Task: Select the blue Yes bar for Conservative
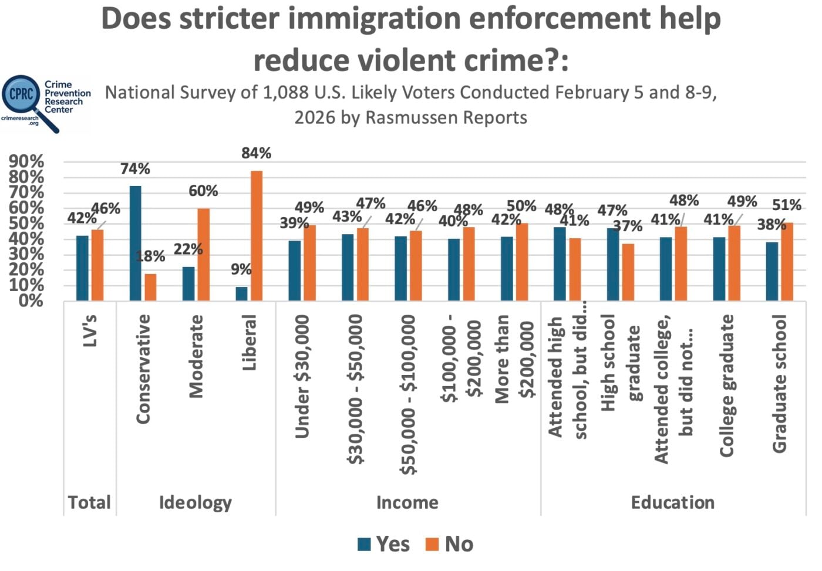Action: point(135,244)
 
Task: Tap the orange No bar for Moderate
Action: point(203,255)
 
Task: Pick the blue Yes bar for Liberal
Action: point(241,293)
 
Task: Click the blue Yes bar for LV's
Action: point(82,268)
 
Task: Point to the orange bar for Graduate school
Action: point(787,262)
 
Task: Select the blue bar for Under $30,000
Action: point(294,271)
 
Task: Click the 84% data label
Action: point(257,153)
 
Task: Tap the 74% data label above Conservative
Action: point(135,169)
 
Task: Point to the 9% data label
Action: point(241,269)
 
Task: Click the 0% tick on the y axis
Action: point(31,301)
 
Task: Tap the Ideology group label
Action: point(195,502)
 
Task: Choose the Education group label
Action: point(672,502)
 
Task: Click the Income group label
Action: point(407,502)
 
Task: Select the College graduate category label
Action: point(727,385)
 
